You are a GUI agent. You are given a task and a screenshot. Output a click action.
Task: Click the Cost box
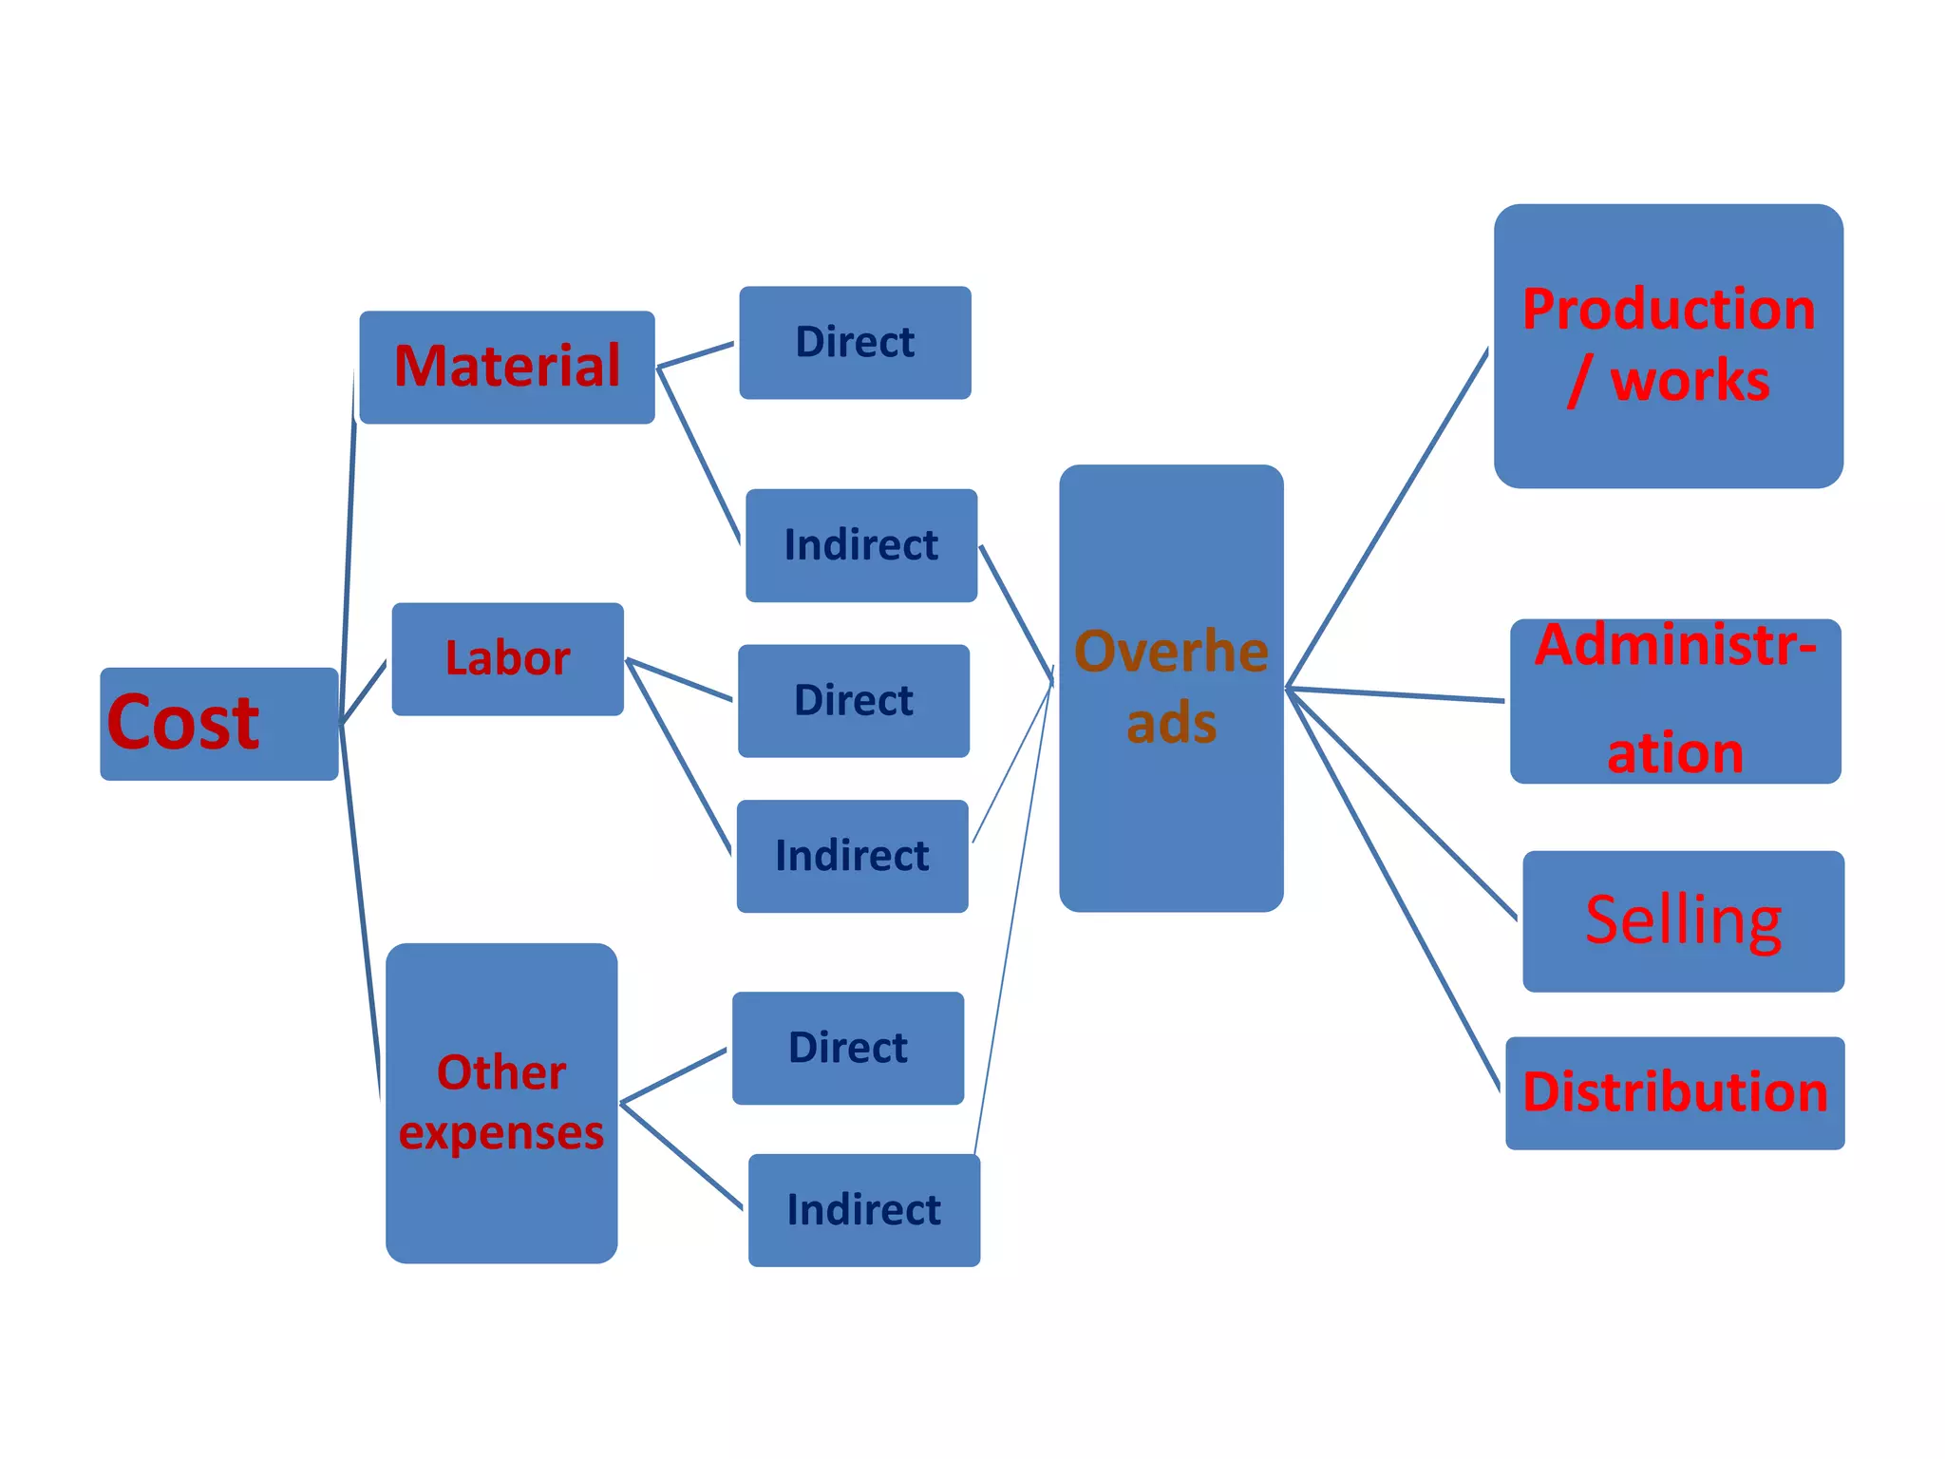(218, 724)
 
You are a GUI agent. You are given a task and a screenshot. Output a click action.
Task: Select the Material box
(507, 367)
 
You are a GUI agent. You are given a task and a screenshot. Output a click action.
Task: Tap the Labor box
(507, 658)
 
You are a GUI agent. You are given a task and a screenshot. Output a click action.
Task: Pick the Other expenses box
(501, 1102)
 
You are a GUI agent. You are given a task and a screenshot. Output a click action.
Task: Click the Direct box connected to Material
(855, 342)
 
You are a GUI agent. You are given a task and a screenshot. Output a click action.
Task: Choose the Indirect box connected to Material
(861, 545)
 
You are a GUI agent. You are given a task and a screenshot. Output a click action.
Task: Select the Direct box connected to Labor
(854, 700)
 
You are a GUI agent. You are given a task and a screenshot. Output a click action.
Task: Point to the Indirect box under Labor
(852, 856)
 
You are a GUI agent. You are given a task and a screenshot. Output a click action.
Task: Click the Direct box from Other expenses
(848, 1048)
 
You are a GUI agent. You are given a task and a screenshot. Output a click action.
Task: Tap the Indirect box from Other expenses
(864, 1209)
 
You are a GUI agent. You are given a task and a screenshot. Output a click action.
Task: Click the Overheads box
(1171, 688)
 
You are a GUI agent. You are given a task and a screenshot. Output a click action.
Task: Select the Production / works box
(1668, 346)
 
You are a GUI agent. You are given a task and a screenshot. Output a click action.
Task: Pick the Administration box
(1675, 701)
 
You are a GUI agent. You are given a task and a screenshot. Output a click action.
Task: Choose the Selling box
(1683, 920)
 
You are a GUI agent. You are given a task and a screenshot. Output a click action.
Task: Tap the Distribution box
(1675, 1092)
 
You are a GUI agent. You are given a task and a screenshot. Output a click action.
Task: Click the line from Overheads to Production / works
(1387, 519)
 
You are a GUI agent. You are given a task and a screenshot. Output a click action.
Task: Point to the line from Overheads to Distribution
(1394, 889)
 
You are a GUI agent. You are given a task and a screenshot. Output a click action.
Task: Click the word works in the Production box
(1690, 381)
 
